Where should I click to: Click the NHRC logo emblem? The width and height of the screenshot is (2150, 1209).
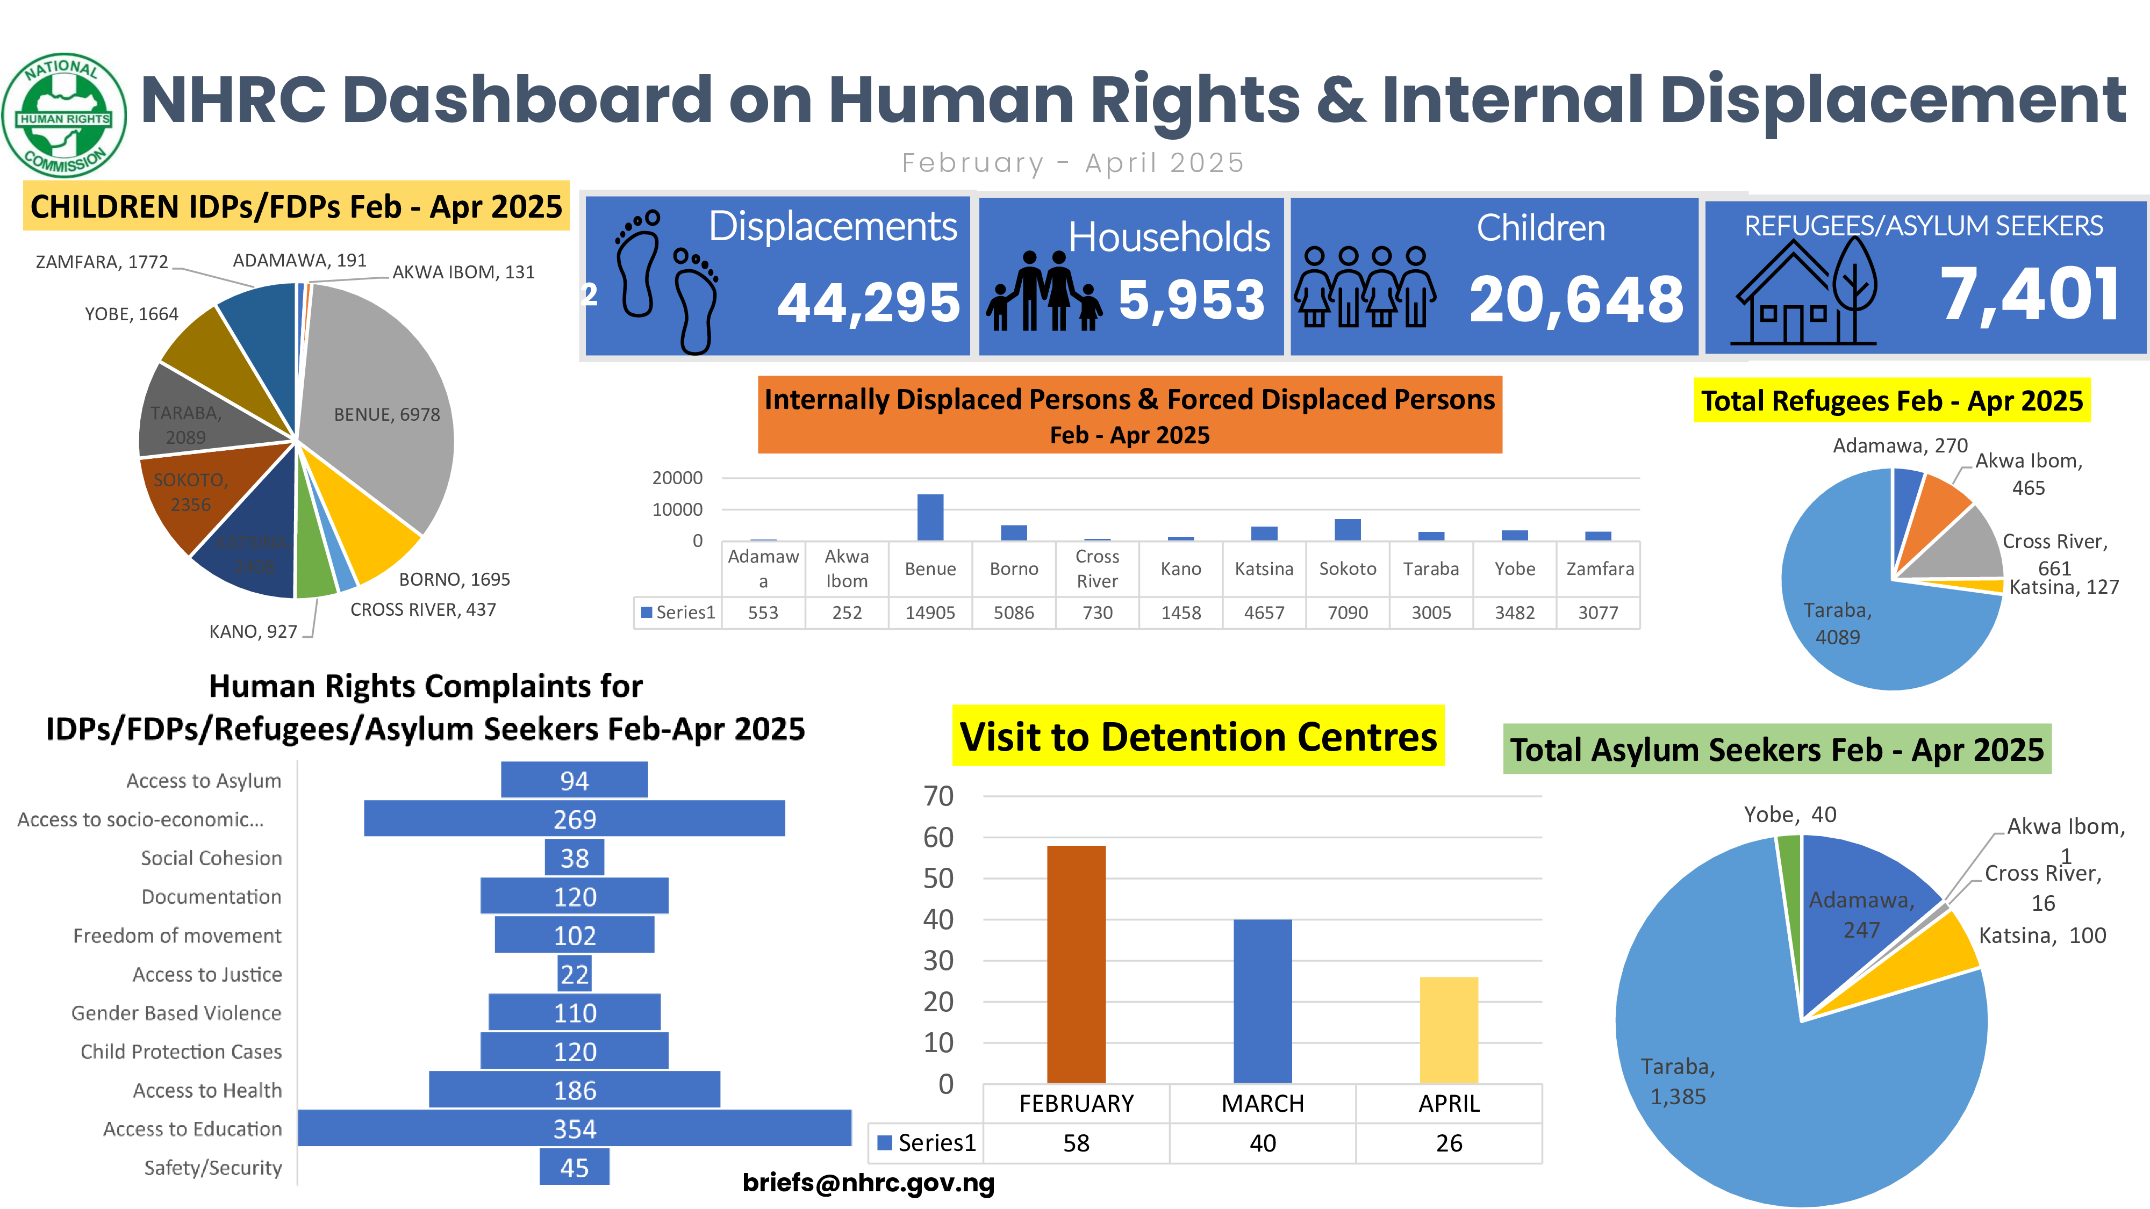coord(64,115)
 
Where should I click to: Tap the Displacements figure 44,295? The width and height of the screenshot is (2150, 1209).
coord(869,302)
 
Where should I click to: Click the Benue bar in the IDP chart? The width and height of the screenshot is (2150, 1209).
coord(930,517)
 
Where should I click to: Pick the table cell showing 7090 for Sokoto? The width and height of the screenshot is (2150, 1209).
coord(1347,613)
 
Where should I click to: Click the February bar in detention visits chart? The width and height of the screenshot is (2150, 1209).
coord(1076,963)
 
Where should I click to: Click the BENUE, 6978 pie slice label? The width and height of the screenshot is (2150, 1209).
coord(386,415)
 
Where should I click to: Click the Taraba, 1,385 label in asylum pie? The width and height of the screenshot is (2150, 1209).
coord(1678,1081)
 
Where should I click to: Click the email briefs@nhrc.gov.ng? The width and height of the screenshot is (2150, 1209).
coord(868,1182)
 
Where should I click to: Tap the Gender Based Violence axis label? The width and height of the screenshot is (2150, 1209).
coord(176,1013)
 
